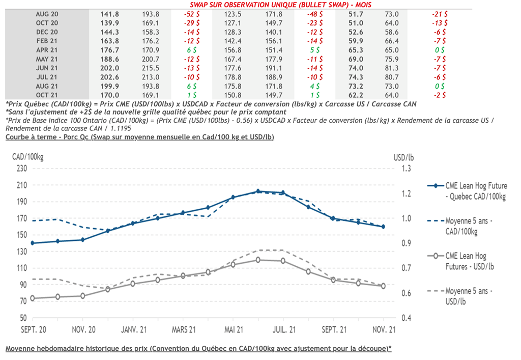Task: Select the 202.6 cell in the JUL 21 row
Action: [111, 77]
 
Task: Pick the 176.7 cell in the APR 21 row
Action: [111, 50]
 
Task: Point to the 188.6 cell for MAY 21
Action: [111, 59]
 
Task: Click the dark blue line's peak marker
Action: [258, 191]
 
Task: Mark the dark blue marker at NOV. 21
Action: [383, 227]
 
